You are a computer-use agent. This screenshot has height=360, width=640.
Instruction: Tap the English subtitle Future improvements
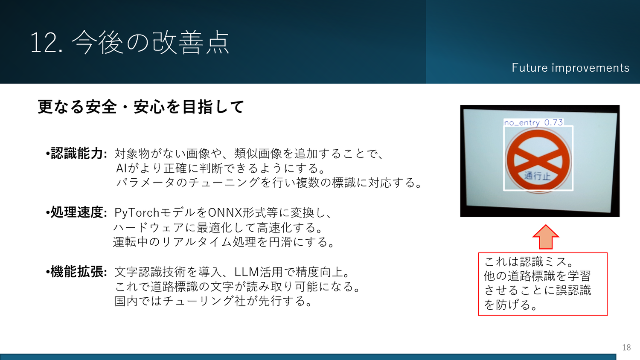570,68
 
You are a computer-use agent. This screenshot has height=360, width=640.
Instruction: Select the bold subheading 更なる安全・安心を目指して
141,107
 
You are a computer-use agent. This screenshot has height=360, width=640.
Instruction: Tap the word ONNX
225,212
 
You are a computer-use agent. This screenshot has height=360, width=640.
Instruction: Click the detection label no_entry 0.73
533,122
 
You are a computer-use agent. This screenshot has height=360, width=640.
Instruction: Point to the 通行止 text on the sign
537,176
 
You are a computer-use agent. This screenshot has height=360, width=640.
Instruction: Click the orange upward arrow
545,237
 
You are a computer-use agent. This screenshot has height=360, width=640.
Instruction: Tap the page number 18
626,347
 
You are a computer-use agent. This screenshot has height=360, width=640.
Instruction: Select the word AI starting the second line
122,168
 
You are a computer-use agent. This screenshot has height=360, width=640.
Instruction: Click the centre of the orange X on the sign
538,158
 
